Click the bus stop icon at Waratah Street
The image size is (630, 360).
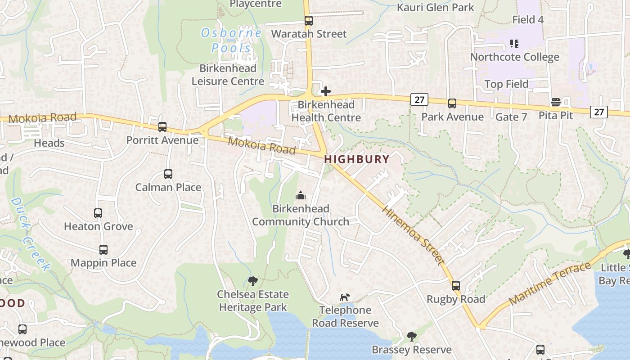coord(308,21)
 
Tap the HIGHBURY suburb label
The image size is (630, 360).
coord(356,159)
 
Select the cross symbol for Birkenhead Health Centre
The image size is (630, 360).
coord(326,92)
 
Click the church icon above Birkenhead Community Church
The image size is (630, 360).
coord(300,195)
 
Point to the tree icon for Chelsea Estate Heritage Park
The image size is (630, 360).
coord(253,281)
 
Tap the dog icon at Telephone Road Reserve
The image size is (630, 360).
coord(345,297)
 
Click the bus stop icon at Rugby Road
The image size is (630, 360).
coord(456,286)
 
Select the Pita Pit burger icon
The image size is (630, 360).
coord(556,102)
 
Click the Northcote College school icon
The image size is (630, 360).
coord(514,44)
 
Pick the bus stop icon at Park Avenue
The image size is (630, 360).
coord(452,103)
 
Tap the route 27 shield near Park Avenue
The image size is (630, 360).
coord(419,100)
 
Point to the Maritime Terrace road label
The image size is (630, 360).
coord(549,283)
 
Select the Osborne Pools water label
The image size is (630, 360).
coord(231,40)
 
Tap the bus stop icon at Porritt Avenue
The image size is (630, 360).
coord(162,127)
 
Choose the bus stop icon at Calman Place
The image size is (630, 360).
coord(168,174)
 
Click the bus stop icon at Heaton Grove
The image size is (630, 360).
coord(98,213)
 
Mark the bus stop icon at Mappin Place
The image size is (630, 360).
coord(103,250)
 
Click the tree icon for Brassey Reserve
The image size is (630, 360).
coord(411,337)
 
